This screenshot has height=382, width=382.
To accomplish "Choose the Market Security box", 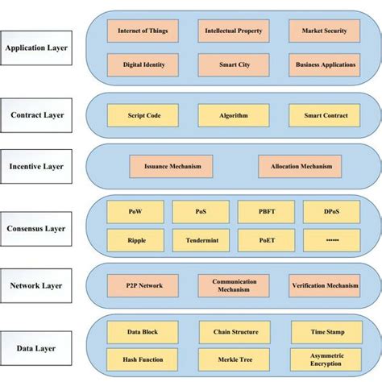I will pyautogui.click(x=324, y=31).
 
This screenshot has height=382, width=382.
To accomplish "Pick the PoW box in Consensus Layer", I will pyautogui.click(x=135, y=211).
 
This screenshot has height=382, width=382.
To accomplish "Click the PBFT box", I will pyautogui.click(x=265, y=211).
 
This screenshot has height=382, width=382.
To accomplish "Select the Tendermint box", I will pyautogui.click(x=201, y=239).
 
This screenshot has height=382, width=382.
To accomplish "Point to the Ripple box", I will pyautogui.click(x=135, y=239).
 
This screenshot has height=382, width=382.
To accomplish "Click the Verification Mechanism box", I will pyautogui.click(x=324, y=284).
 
